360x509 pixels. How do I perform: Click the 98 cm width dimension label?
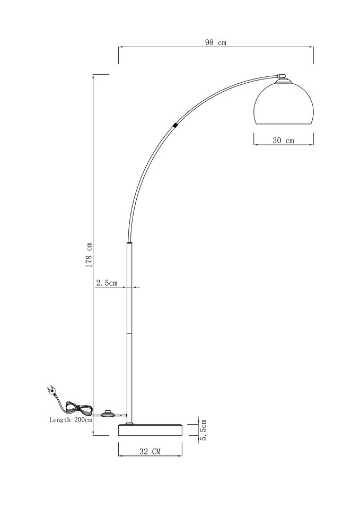click(x=216, y=42)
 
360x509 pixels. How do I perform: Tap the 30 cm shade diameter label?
click(x=284, y=141)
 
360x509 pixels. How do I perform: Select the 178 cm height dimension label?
click(x=89, y=255)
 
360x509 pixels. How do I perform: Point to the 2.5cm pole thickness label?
click(x=107, y=283)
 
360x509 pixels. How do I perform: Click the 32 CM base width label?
click(x=150, y=451)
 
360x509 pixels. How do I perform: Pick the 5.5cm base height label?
click(x=204, y=430)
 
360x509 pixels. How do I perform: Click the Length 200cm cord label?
click(x=71, y=420)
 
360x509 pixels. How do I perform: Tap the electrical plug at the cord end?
click(x=52, y=390)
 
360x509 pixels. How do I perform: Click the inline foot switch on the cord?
click(x=107, y=414)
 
